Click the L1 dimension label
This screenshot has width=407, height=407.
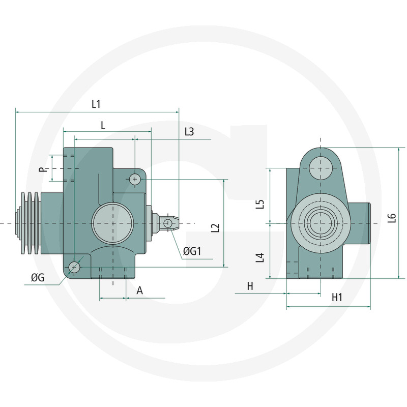coord(96,104)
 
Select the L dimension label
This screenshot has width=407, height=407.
coord(103,125)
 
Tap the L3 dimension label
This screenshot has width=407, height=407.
coord(189,132)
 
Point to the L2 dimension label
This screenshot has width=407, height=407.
coord(215,227)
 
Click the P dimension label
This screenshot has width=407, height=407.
coord(43,168)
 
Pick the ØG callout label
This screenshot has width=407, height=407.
coord(37,277)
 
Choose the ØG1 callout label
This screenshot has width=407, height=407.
coord(193,251)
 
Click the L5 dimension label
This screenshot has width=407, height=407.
coord(260,205)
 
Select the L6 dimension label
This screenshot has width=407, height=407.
coord(391,218)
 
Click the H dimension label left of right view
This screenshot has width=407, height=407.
coord(250,286)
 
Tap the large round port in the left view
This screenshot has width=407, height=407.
coord(112,223)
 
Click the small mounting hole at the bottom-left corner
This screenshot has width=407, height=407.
coord(74,267)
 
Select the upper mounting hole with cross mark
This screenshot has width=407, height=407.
coord(134,179)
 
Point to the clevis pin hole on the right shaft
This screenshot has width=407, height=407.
coord(168,223)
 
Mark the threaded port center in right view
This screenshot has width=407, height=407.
coord(321,222)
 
